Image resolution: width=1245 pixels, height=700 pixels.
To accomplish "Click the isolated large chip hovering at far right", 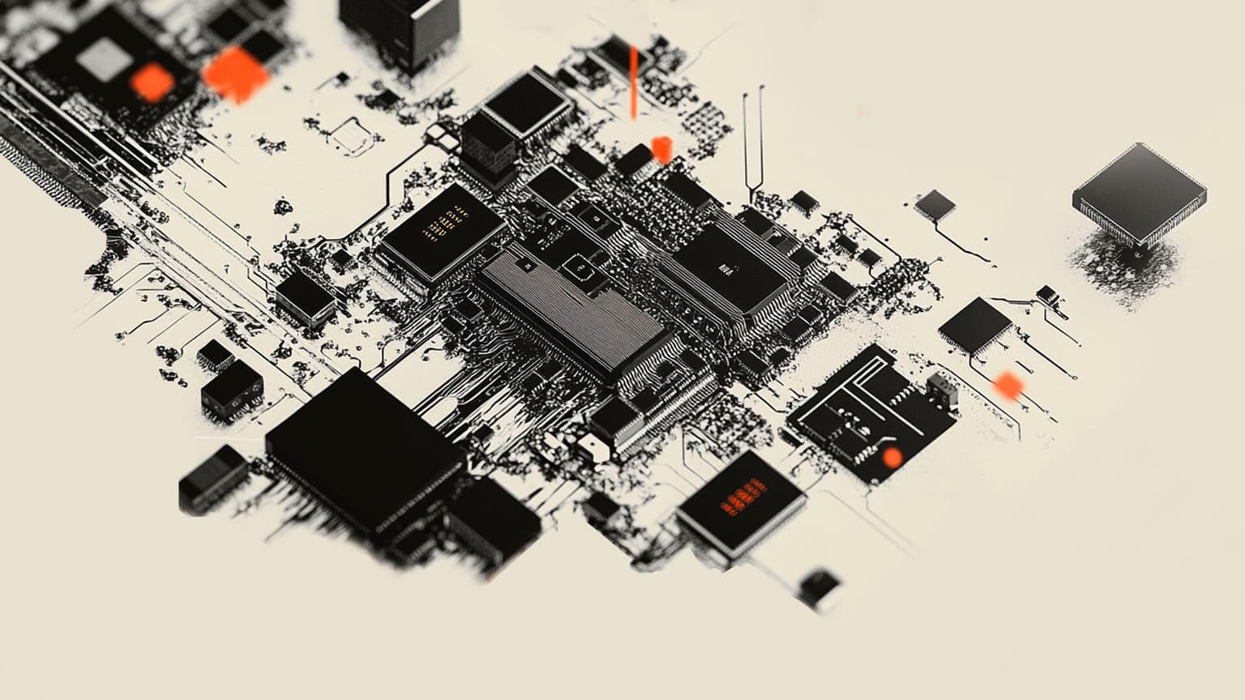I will pos(1139,193).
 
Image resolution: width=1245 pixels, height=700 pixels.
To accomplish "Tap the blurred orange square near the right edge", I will pos(1008,386).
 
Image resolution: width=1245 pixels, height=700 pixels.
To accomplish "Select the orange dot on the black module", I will pos(892,458).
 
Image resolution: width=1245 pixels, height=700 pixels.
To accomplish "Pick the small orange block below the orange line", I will pos(661,149).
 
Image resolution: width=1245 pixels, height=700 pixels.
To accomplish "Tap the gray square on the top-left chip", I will pos(103,60).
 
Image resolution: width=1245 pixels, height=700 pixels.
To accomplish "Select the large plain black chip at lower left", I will pos(365,454).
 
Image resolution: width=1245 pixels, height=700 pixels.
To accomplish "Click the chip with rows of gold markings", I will pos(442,231).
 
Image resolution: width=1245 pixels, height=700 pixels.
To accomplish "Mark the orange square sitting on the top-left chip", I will pos(152,83).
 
